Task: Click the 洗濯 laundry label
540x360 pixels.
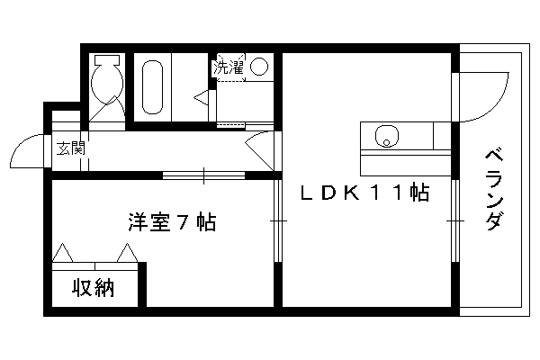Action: pyautogui.click(x=229, y=67)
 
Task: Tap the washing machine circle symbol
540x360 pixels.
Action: pyautogui.click(x=259, y=67)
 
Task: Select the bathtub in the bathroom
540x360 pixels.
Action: pyautogui.click(x=152, y=87)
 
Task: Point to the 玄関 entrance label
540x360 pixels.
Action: pyautogui.click(x=70, y=148)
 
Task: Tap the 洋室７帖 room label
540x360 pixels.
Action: pyautogui.click(x=172, y=222)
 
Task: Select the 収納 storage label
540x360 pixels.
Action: pyautogui.click(x=93, y=288)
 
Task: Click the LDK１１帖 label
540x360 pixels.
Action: pyautogui.click(x=365, y=193)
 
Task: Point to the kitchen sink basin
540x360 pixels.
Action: pyautogui.click(x=386, y=136)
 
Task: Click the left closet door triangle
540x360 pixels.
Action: pyautogui.click(x=62, y=253)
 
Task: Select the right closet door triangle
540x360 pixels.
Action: pyautogui.click(x=128, y=253)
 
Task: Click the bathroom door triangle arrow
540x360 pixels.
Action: pyautogui.click(x=201, y=97)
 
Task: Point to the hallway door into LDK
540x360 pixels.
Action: pyautogui.click(x=259, y=151)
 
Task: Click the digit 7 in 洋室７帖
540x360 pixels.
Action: pyautogui.click(x=183, y=222)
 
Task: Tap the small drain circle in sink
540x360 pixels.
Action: pyautogui.click(x=386, y=142)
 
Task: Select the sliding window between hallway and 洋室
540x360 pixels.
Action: pyautogui.click(x=203, y=175)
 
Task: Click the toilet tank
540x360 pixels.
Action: pyautogui.click(x=107, y=59)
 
